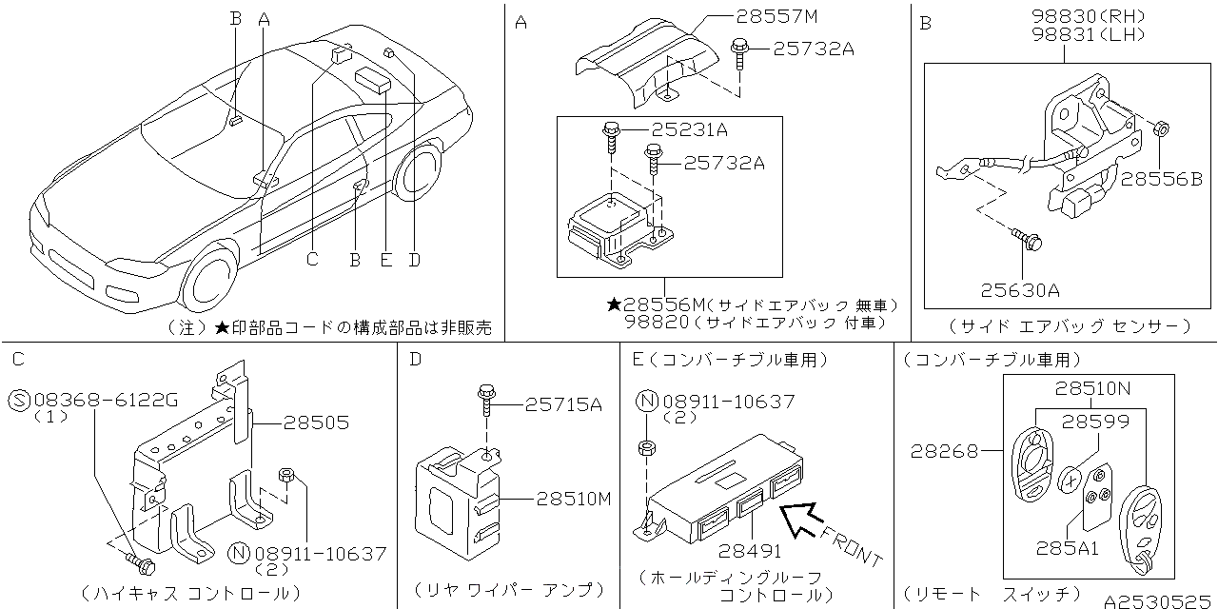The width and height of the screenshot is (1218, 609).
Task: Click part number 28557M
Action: tap(776, 17)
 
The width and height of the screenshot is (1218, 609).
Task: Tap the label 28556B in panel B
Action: tap(1161, 179)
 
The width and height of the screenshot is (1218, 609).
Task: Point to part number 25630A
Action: tap(1019, 289)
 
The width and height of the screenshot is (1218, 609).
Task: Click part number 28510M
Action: tap(573, 498)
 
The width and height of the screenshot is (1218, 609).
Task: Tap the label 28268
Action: tap(944, 451)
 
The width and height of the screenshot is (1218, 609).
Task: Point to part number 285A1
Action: tap(1069, 548)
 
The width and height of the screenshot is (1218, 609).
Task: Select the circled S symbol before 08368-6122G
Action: tap(19, 401)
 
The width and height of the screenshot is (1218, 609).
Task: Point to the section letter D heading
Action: tap(415, 360)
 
